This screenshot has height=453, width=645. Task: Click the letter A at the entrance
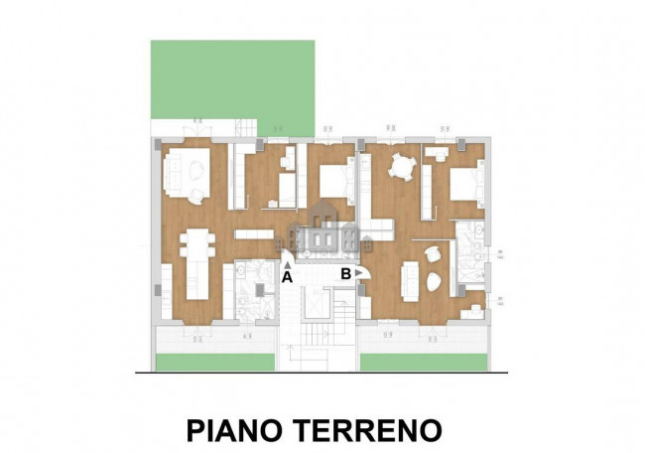pos(287,278)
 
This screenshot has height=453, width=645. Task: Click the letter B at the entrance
pos(345,272)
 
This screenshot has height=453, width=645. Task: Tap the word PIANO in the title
pos(235,430)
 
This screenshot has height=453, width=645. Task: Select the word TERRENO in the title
pos(367,430)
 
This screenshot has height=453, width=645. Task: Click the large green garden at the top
pos(232,79)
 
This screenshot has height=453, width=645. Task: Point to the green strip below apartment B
pos(423,362)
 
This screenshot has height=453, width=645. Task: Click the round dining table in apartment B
pos(402,167)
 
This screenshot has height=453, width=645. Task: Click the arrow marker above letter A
pos(287,265)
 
